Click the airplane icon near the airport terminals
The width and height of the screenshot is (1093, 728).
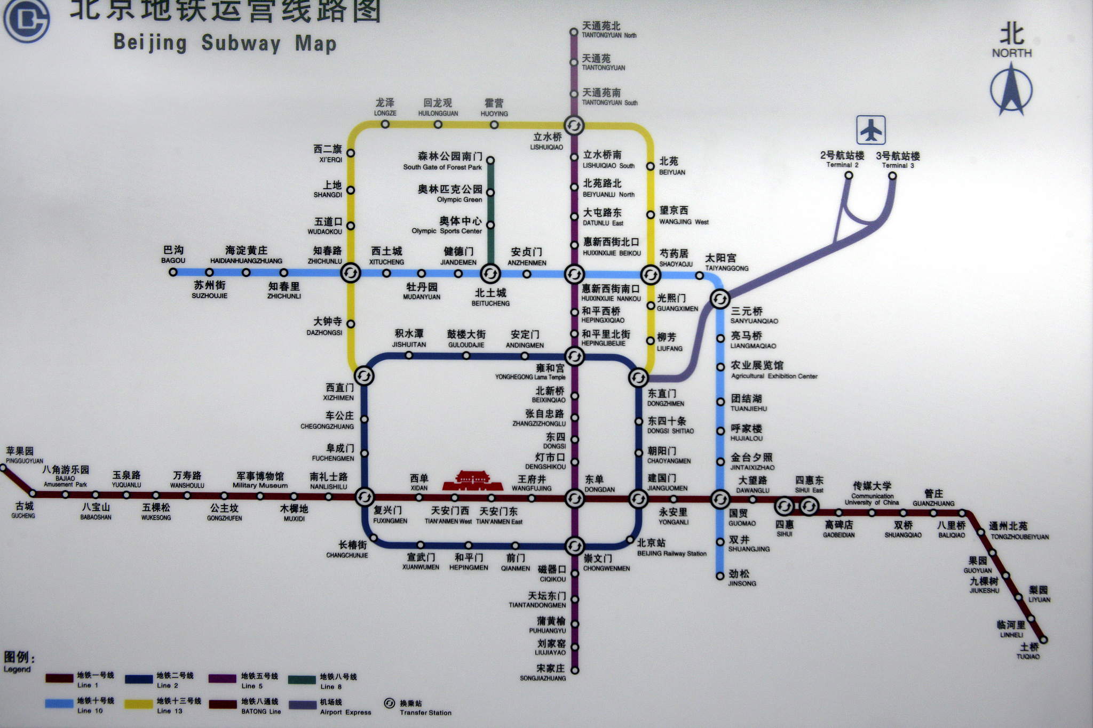click(871, 130)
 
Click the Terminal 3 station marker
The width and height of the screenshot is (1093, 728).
click(892, 175)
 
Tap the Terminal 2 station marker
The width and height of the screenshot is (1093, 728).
click(849, 175)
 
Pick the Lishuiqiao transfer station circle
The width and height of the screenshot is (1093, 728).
click(574, 126)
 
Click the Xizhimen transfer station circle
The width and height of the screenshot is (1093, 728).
click(364, 376)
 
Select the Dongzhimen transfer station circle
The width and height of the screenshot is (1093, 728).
click(638, 378)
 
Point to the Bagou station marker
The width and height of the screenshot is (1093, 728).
click(173, 272)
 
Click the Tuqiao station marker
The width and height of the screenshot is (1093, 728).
click(1044, 639)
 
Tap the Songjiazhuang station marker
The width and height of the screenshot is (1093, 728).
click(575, 670)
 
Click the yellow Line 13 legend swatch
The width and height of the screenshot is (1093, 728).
click(139, 705)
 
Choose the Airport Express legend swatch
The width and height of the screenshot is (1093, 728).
click(303, 705)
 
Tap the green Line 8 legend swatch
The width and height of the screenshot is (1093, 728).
click(302, 679)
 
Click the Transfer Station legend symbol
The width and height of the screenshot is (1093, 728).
click(389, 703)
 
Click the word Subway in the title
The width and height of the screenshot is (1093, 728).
click(241, 43)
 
